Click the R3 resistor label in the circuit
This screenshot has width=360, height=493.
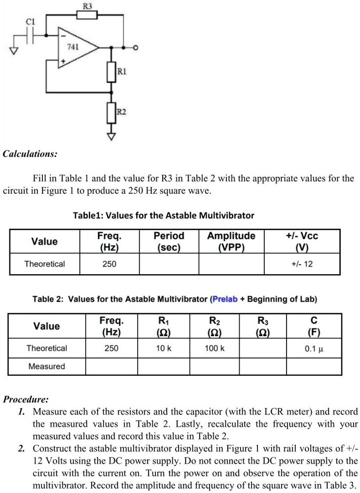[x=87, y=6]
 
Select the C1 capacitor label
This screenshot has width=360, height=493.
[x=31, y=21]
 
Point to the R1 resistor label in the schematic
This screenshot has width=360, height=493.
[x=122, y=72]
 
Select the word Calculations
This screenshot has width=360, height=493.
[x=30, y=154]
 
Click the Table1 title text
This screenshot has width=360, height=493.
[x=163, y=215]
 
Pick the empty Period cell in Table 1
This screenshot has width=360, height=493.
[x=169, y=264]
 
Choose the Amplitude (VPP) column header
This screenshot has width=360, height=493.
[x=231, y=242]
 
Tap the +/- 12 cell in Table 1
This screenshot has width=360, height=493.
[x=302, y=264]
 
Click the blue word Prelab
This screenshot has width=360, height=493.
[x=225, y=299]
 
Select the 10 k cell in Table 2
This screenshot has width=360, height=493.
[x=164, y=349]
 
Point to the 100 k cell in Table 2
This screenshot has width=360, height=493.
[x=215, y=349]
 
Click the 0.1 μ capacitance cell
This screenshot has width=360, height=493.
[x=314, y=349]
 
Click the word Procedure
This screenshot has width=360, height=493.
[x=26, y=399]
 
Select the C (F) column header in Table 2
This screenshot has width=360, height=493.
[x=314, y=326]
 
